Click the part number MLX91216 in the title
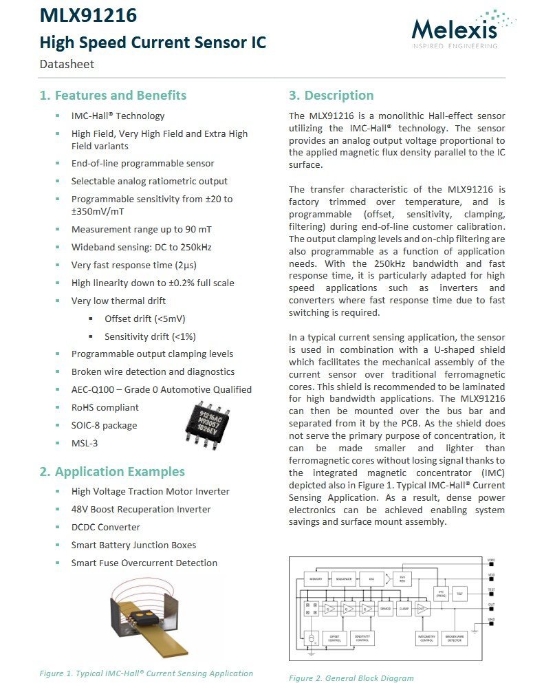click(x=88, y=15)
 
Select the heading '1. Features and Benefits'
click(x=113, y=95)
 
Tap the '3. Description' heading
click(x=331, y=95)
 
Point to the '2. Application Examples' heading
click(x=112, y=471)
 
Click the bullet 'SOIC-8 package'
click(x=104, y=425)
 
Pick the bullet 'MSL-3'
click(x=84, y=443)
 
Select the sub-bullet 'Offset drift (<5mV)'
click(x=144, y=318)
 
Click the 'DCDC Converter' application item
click(x=105, y=527)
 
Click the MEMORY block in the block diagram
click(x=316, y=579)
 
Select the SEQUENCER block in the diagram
click(x=343, y=579)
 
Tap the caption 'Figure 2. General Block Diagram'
click(x=351, y=678)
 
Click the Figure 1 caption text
click(x=146, y=673)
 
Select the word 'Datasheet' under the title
click(x=67, y=64)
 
